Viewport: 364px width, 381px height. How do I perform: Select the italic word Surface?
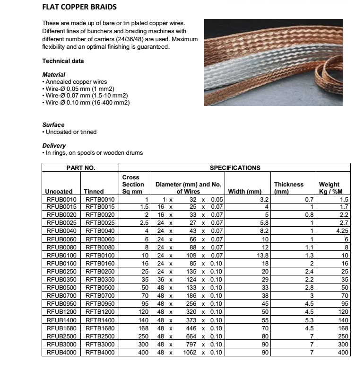click(x=53, y=125)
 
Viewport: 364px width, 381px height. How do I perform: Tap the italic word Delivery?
click(x=54, y=146)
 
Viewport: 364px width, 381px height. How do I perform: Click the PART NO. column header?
click(x=80, y=168)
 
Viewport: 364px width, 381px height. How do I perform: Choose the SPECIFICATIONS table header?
click(x=234, y=168)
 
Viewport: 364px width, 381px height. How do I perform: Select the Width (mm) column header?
click(x=244, y=192)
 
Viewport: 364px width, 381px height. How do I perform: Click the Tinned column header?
click(x=94, y=192)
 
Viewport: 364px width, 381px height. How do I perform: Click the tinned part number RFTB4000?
click(x=100, y=352)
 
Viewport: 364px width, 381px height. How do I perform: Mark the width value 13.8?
click(x=262, y=256)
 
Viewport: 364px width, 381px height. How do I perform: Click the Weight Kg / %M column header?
click(x=333, y=188)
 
